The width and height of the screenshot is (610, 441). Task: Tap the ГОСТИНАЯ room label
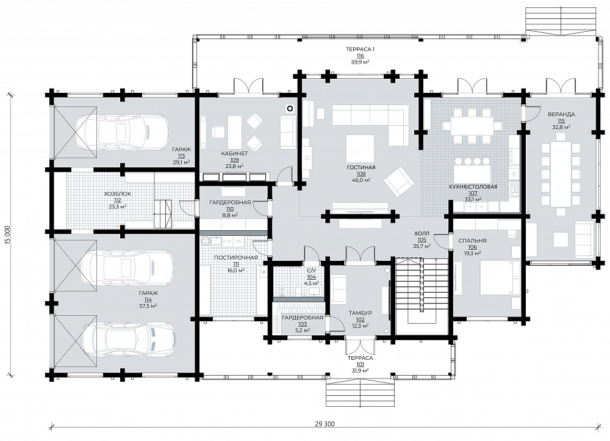[361, 167]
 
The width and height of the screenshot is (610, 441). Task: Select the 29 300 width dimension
[324, 424]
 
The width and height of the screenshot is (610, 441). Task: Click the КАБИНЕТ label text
[234, 153]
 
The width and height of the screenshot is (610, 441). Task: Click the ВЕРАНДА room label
[561, 115]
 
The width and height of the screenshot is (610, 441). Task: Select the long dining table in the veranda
[561, 174]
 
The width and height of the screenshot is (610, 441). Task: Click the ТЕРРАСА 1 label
[360, 49]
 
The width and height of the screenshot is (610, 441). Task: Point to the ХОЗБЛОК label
[117, 194]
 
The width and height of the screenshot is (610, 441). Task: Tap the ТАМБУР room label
[360, 313]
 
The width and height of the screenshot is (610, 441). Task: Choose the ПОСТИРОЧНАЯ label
[235, 258]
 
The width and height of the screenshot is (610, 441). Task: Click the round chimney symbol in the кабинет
[289, 109]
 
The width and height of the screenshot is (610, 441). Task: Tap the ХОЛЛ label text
[422, 234]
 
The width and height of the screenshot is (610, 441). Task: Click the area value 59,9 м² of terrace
[360, 62]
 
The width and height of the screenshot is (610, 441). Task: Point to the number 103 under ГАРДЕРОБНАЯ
[302, 324]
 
